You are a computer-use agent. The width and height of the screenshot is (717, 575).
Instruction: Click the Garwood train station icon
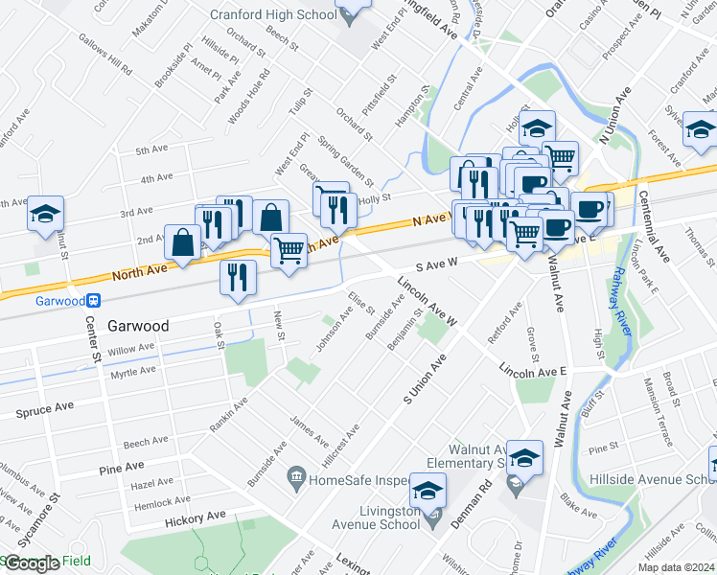[94, 299]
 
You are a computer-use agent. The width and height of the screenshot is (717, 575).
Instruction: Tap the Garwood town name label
[138, 326]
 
